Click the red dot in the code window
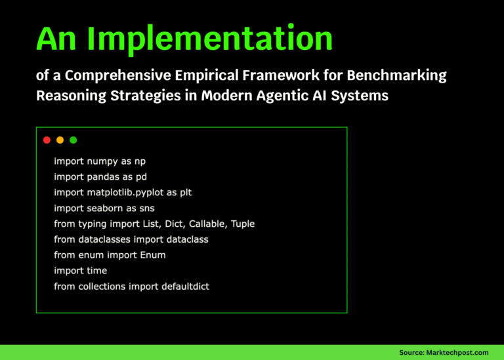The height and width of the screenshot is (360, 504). (x=47, y=140)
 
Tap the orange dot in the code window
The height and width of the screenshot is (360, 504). (x=60, y=140)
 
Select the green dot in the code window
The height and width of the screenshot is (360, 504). (x=73, y=140)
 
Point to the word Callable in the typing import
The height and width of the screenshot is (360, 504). (x=209, y=224)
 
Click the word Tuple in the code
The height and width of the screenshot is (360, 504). (x=242, y=224)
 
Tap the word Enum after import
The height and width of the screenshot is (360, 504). (x=153, y=255)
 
